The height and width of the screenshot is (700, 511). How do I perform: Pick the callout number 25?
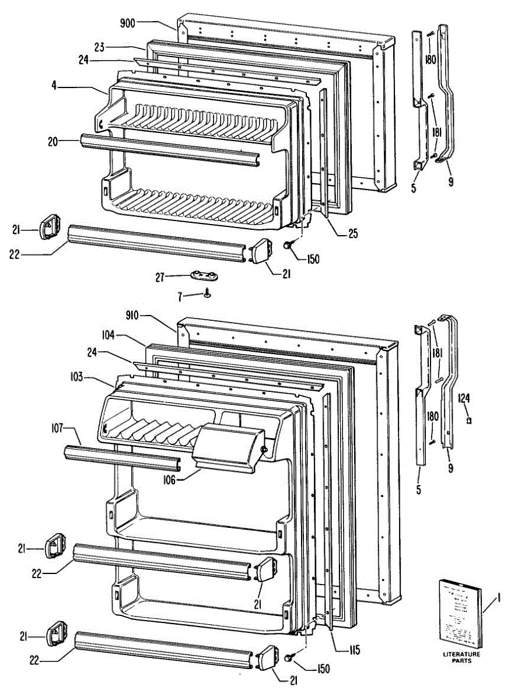pos(353,235)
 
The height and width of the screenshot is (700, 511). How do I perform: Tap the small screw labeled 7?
pos(206,295)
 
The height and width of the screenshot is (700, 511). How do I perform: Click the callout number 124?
pos(464,399)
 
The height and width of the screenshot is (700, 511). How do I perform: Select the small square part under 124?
pos(468,419)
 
